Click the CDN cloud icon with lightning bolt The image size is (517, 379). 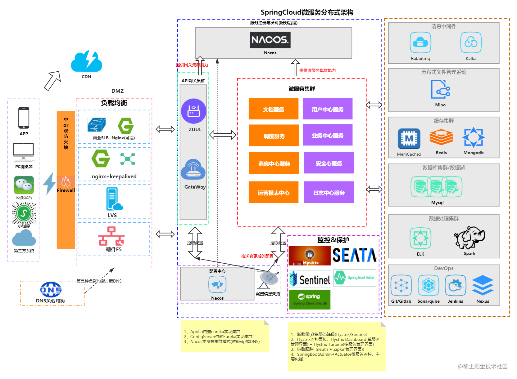pyautogui.click(x=86, y=61)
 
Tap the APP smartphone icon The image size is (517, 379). pyautogui.click(x=24, y=118)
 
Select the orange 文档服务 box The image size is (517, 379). pyautogui.click(x=273, y=109)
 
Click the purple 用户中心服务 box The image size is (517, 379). pyautogui.click(x=328, y=109)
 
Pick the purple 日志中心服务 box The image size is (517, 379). pyautogui.click(x=329, y=193)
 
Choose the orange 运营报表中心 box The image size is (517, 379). pyautogui.click(x=273, y=193)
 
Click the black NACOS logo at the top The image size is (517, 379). pyautogui.click(x=270, y=40)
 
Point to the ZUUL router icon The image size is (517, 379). pyautogui.click(x=194, y=111)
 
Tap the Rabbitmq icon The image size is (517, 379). pyautogui.click(x=420, y=42)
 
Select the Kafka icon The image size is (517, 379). pyautogui.click(x=471, y=42)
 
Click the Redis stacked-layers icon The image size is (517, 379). pyautogui.click(x=441, y=138)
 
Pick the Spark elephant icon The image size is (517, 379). pyautogui.click(x=469, y=237)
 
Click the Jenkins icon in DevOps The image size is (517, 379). pyautogui.click(x=456, y=286)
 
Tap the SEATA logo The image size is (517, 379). pyautogui.click(x=354, y=256)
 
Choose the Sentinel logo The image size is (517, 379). pyautogui.click(x=310, y=279)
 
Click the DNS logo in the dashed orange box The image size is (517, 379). pyautogui.click(x=51, y=290)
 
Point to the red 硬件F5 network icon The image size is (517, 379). pyautogui.click(x=111, y=236)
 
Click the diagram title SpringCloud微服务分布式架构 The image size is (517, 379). pyautogui.click(x=307, y=12)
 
